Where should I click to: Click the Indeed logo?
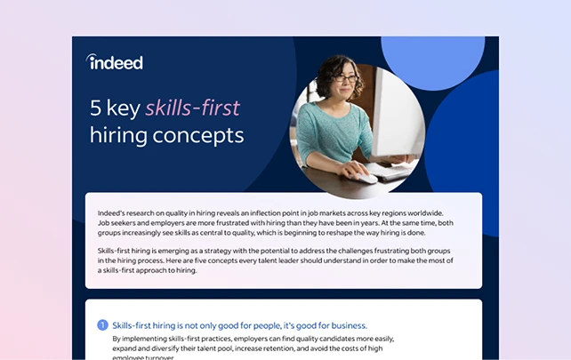(115, 62)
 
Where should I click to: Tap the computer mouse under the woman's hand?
(366, 179)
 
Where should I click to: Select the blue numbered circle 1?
(102, 325)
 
